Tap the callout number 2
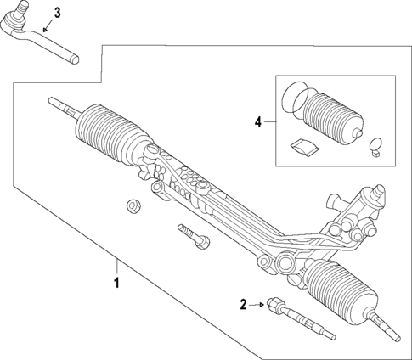point(243,303)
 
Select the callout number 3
point(57,12)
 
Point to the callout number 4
point(258,122)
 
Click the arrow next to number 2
point(257,303)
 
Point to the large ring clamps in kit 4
point(293,98)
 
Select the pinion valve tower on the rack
point(365,208)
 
